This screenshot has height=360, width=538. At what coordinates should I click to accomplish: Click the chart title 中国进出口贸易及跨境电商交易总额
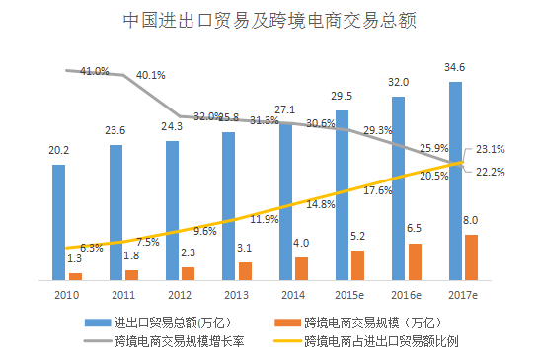[x=269, y=19]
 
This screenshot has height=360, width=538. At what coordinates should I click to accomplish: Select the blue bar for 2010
[x=59, y=222]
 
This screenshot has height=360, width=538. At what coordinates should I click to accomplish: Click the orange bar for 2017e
[x=472, y=257]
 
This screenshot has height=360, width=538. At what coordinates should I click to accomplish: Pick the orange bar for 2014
[x=302, y=268]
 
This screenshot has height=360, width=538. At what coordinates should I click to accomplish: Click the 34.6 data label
[x=455, y=67]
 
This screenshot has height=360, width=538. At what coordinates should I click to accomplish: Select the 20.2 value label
[x=58, y=150]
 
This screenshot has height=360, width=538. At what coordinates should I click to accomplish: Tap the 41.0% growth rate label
[x=94, y=71]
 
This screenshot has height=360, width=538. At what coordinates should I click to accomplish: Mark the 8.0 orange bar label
[x=471, y=220]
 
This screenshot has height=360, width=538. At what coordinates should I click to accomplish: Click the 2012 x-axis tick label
[x=179, y=294]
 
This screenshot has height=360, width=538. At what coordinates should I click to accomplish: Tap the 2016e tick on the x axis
[x=407, y=294]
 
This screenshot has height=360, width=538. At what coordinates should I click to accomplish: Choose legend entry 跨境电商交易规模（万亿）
[x=371, y=322]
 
